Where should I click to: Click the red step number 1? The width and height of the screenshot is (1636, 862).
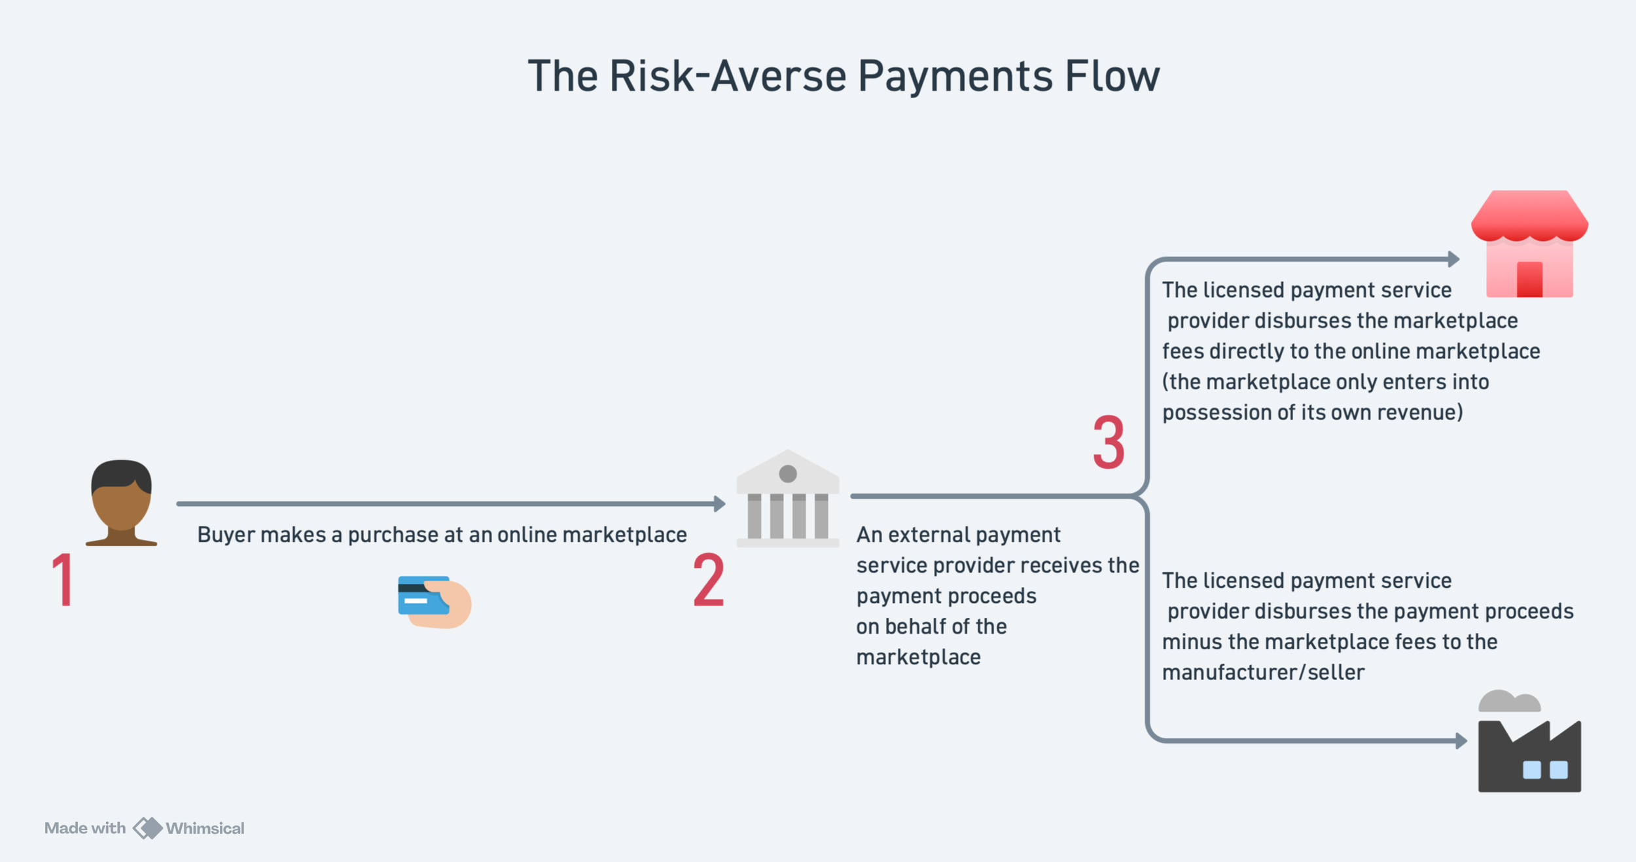[x=63, y=580]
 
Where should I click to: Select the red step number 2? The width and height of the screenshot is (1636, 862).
[x=709, y=580]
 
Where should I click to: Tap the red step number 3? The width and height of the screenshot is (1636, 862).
[x=1109, y=443]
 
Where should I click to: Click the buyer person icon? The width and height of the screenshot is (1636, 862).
[x=122, y=503]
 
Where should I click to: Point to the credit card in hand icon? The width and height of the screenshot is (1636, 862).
[x=434, y=602]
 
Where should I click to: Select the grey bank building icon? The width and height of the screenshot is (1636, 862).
[x=788, y=499]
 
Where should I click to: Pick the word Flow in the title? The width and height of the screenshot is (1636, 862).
[x=1112, y=76]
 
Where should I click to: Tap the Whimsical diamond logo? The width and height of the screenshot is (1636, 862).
[x=148, y=828]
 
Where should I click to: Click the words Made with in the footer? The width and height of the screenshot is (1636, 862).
[x=85, y=828]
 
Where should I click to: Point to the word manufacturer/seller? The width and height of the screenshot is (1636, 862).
[x=1263, y=672]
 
